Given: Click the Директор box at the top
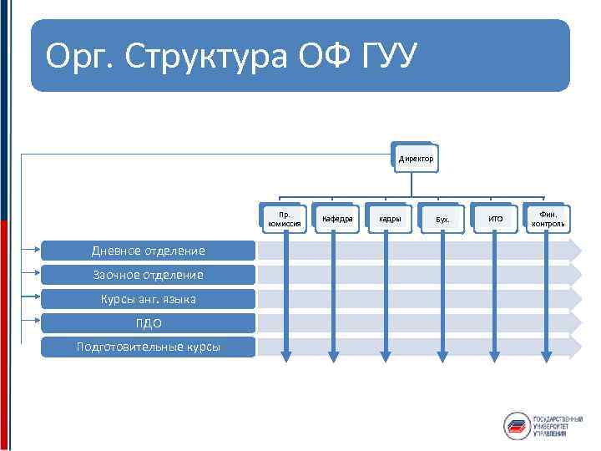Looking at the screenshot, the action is click(x=414, y=158).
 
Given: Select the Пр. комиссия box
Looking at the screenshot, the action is click(x=281, y=220).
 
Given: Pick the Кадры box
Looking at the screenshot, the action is click(x=389, y=219).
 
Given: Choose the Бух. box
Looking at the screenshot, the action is click(x=442, y=220).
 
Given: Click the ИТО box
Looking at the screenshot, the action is click(x=495, y=220).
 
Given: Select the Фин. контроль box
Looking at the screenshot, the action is click(x=548, y=219).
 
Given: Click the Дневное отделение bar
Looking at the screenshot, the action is click(x=148, y=249).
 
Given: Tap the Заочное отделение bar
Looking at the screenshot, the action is click(x=148, y=274).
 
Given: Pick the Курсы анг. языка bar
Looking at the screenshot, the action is click(x=148, y=298).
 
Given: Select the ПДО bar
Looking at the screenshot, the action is click(x=148, y=323).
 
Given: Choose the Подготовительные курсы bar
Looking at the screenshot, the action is click(x=148, y=347).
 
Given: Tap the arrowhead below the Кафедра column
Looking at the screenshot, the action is click(x=334, y=357).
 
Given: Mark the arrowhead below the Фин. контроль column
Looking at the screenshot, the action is click(x=548, y=357).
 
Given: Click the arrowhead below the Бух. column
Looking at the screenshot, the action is click(x=442, y=357).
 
